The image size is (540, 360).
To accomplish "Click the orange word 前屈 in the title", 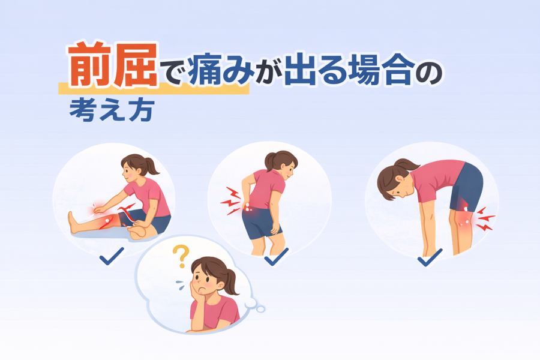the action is tap(113, 64).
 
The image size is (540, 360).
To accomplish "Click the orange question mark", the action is tap(181, 256).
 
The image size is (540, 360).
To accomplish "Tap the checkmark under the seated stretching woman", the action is tap(111, 256).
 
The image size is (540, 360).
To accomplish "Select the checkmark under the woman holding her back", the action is tap(277, 257).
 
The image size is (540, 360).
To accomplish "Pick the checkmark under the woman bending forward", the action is tap(430, 257).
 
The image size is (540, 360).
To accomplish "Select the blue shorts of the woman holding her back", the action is tap(261, 223).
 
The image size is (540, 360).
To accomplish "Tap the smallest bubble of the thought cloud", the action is tap(261, 309).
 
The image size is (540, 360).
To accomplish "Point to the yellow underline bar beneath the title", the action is tap(154, 89).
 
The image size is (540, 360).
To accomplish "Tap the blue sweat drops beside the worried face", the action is tap(181, 284).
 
